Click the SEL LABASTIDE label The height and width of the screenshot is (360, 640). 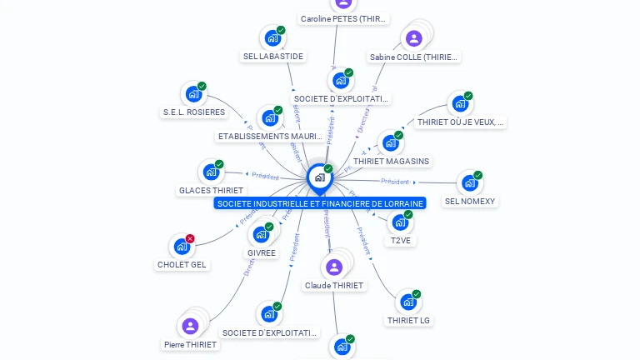click(x=273, y=57)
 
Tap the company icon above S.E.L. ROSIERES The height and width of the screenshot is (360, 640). click(x=193, y=94)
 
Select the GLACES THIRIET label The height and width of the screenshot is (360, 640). click(x=211, y=191)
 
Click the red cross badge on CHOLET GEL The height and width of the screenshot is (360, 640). click(x=190, y=239)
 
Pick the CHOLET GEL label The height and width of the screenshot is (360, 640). click(x=182, y=265)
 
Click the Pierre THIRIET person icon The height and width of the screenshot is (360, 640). click(x=190, y=326)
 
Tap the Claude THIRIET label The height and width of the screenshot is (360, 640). click(x=334, y=286)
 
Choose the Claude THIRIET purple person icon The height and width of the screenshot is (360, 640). click(x=334, y=267)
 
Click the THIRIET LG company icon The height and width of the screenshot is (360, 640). click(x=407, y=302)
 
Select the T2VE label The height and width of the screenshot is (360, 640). click(x=401, y=241)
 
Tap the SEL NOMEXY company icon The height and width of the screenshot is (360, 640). click(x=469, y=183)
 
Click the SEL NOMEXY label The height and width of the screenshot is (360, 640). click(x=470, y=202)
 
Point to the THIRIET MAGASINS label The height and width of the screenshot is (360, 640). click(x=391, y=162)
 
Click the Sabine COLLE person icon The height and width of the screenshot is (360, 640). click(x=414, y=38)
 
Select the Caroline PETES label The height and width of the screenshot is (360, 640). click(x=344, y=19)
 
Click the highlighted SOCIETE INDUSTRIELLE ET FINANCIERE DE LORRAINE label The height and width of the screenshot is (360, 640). click(x=320, y=203)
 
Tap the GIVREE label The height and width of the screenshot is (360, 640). click(x=262, y=253)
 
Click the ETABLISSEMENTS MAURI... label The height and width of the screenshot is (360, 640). click(x=270, y=137)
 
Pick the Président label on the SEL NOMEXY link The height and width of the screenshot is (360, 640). click(x=395, y=182)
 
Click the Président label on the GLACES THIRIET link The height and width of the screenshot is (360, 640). click(x=266, y=176)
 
